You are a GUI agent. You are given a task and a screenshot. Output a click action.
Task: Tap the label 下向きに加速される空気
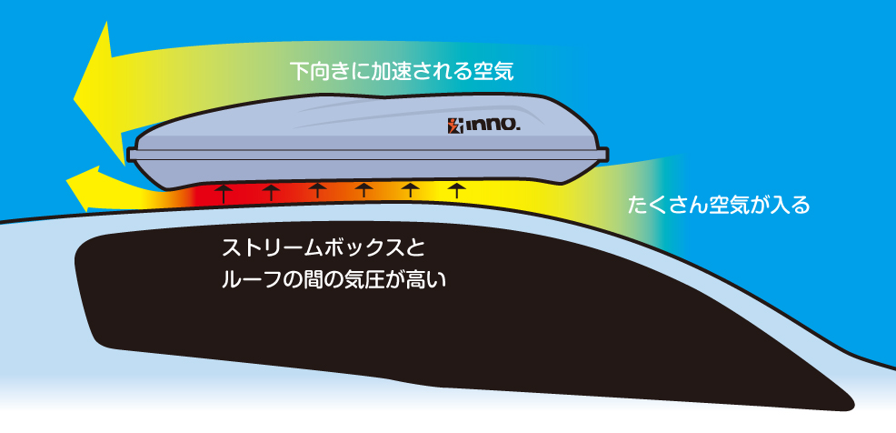coord(402,70)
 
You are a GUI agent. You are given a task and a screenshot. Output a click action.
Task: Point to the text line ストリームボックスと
coord(323,247)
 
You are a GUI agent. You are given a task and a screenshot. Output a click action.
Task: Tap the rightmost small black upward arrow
coord(458,189)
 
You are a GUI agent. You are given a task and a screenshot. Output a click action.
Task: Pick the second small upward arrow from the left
coord(270,191)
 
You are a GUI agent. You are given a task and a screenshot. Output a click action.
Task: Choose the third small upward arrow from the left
coord(317,189)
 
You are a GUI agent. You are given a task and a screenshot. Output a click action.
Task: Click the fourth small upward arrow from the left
coord(364,189)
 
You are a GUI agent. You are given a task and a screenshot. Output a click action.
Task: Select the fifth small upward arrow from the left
coord(411,189)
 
